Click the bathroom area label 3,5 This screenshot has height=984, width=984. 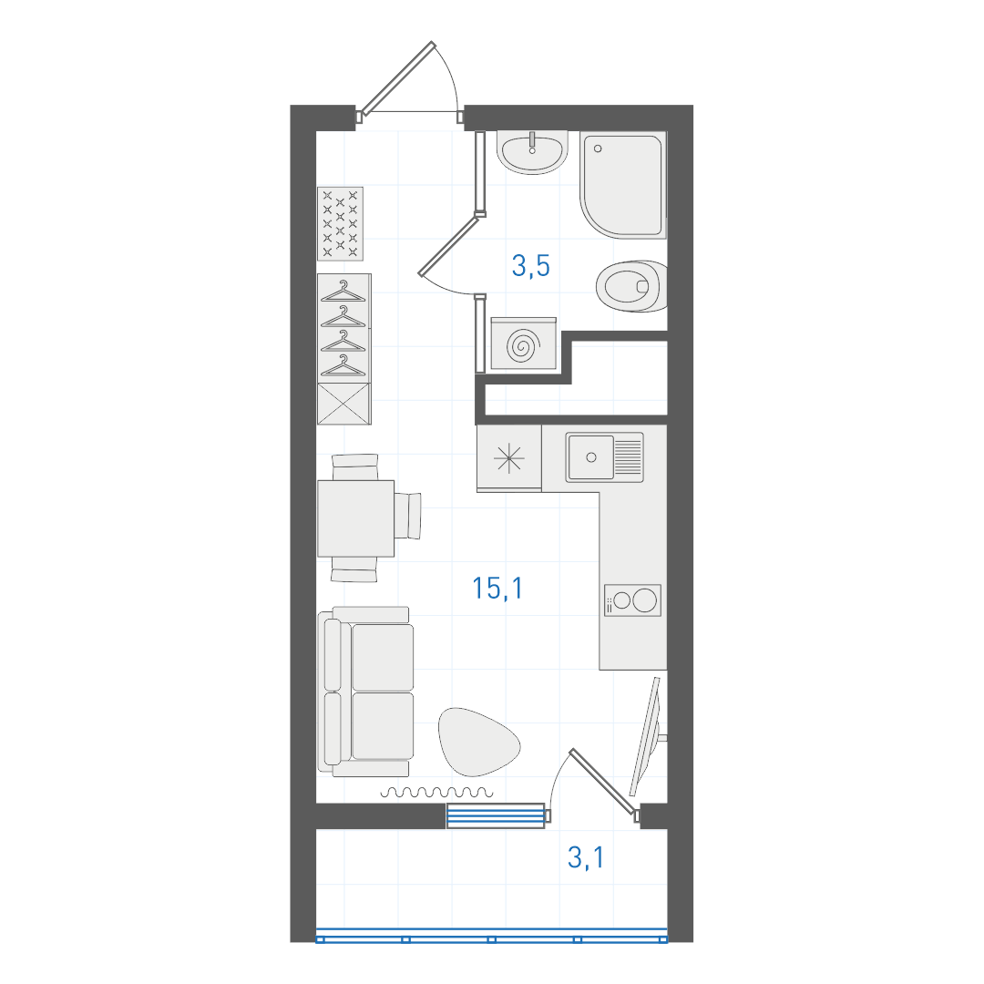(531, 265)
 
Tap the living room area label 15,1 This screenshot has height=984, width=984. (497, 588)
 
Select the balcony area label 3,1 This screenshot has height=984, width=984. (586, 857)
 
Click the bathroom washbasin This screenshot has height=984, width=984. (532, 152)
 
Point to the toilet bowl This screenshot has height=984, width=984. (630, 286)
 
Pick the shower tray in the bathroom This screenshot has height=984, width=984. (623, 184)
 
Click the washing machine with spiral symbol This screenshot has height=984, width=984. (523, 343)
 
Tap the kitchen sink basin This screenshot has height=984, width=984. (590, 457)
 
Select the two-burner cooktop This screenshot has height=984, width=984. (632, 600)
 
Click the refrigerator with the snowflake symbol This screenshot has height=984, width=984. (509, 458)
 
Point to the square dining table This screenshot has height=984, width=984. (356, 518)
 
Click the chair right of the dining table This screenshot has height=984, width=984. (407, 516)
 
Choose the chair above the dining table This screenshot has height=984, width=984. (355, 466)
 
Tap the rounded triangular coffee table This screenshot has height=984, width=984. (478, 741)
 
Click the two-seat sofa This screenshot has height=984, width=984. (366, 692)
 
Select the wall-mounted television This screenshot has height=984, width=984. (649, 736)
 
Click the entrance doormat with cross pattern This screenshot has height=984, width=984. (340, 223)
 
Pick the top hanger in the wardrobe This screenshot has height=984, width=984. (343, 292)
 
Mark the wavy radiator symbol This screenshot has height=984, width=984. (436, 792)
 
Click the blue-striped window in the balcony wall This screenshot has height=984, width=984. (495, 815)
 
